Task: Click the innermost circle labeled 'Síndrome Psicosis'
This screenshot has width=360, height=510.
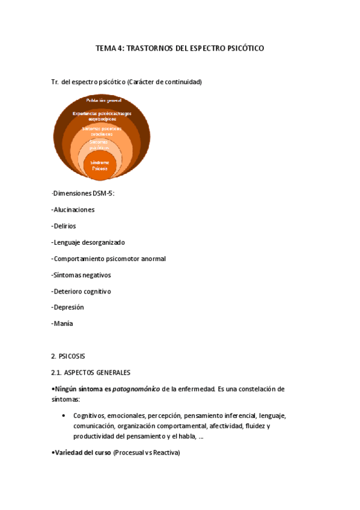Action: coord(100,166)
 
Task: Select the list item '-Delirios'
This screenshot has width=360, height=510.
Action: coord(64,226)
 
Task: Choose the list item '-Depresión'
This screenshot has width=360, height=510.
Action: coord(68,307)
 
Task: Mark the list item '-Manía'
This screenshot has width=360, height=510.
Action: coord(63,324)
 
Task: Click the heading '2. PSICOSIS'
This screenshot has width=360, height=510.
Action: coord(70,356)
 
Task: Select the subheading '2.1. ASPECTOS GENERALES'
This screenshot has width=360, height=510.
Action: coord(91,372)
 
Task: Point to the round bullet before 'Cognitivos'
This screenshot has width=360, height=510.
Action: coord(64,416)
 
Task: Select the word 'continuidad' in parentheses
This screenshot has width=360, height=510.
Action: coord(182,81)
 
